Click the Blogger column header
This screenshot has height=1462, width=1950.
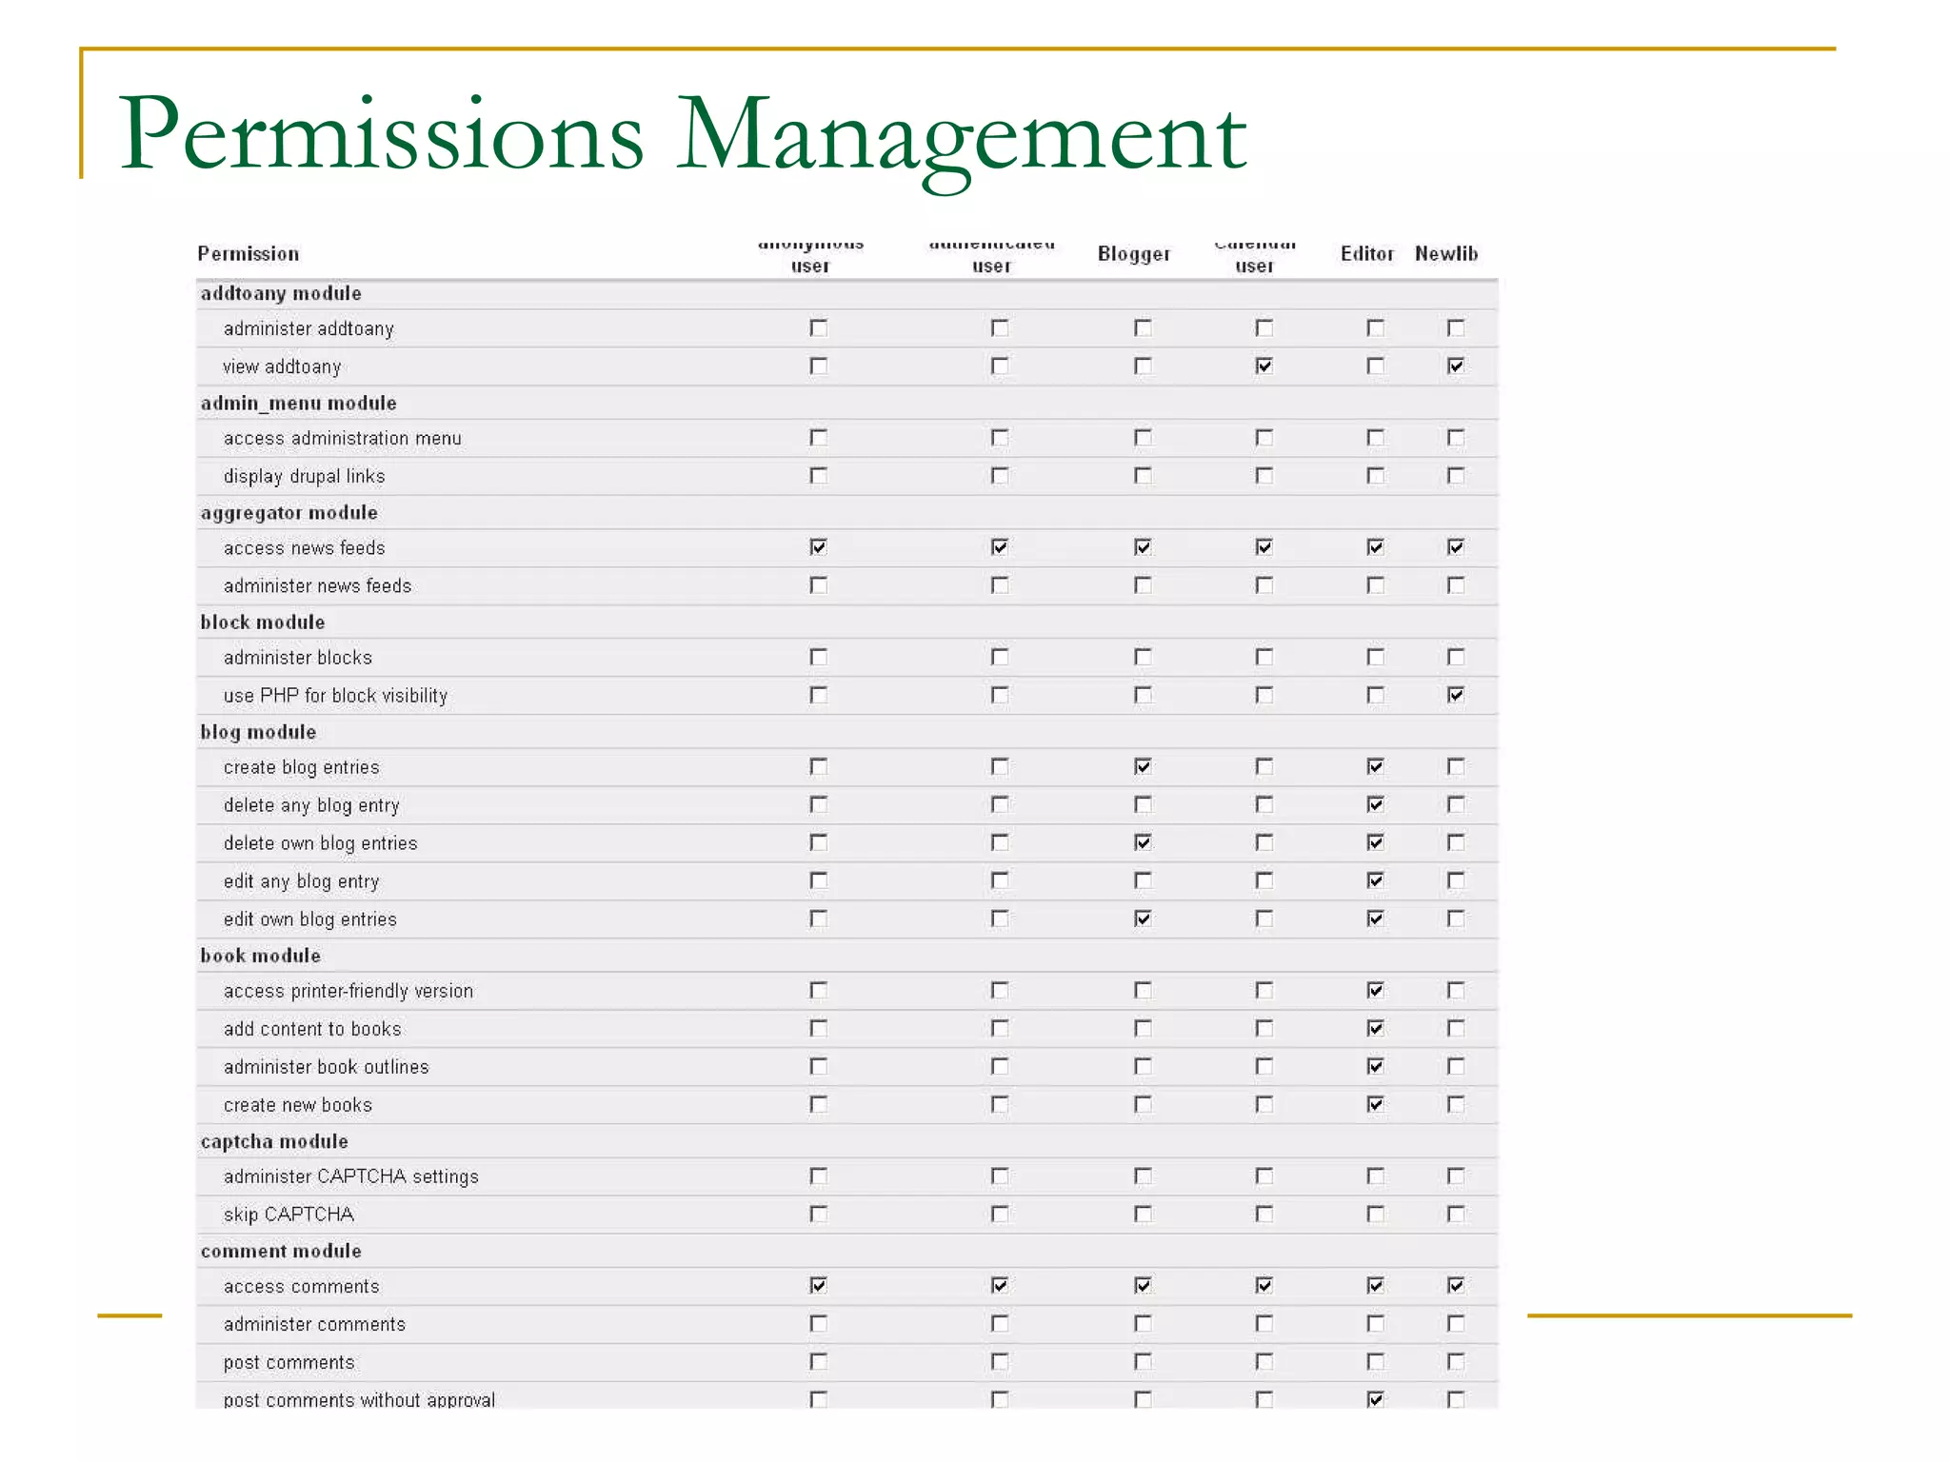click(1133, 254)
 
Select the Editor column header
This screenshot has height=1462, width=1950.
click(1366, 254)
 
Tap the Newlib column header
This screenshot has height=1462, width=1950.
click(1445, 254)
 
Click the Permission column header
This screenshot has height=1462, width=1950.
click(248, 254)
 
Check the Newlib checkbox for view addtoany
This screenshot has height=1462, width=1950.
click(1455, 365)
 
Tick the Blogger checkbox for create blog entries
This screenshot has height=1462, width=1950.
click(1143, 766)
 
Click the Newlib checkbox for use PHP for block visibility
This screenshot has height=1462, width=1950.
click(1455, 695)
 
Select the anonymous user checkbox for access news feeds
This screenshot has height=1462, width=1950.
click(818, 547)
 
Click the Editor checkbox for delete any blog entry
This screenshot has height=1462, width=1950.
click(1375, 804)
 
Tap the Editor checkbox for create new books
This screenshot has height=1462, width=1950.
click(1375, 1104)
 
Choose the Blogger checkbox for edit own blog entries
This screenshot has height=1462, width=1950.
click(1143, 919)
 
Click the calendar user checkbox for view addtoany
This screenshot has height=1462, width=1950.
click(1264, 365)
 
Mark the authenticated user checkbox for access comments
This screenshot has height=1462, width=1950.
click(999, 1286)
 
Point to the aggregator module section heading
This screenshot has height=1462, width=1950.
click(289, 513)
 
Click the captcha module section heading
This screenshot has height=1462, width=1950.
click(273, 1141)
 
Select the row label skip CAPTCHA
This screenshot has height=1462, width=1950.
click(289, 1215)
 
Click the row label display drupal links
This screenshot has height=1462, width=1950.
click(304, 476)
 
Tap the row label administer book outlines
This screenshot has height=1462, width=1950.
click(326, 1067)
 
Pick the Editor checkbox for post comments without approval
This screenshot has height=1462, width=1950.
click(1375, 1399)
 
